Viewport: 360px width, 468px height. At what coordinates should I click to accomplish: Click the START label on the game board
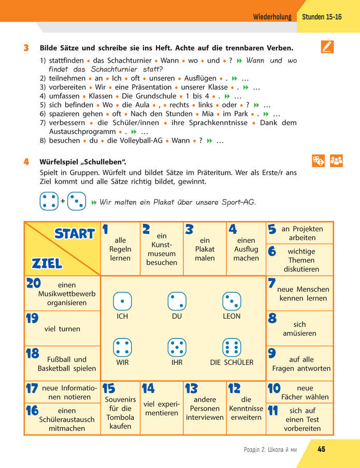point(75,234)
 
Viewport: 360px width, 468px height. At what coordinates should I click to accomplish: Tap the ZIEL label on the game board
point(47,263)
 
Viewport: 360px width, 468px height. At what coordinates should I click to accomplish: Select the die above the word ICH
point(122,301)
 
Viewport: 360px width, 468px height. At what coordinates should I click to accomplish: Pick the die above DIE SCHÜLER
point(232,347)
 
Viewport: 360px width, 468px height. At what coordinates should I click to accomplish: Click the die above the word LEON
point(232,301)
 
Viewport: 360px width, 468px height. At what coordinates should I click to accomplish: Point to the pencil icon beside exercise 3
point(327,47)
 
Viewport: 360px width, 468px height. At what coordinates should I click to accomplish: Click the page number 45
point(321,449)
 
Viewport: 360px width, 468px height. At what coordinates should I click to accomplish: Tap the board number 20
point(33,283)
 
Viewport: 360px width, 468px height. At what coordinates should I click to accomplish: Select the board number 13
point(191,389)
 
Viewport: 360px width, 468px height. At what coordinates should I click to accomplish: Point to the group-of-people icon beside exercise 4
point(336,161)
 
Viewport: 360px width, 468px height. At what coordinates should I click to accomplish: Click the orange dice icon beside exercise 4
point(319,161)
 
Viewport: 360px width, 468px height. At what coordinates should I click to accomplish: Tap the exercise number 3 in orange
point(26,48)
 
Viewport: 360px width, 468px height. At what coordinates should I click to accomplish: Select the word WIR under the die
point(122,363)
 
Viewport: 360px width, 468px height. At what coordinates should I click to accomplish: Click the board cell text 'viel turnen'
point(62,329)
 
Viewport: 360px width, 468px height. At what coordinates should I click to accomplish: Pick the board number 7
point(271,283)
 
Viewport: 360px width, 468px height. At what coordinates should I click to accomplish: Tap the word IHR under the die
point(177,363)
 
